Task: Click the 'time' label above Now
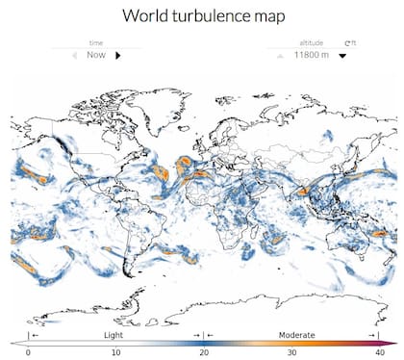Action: tap(96, 43)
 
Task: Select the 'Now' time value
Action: tap(96, 56)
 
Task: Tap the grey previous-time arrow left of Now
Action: tap(74, 56)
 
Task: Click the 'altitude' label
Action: tap(311, 43)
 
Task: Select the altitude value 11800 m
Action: tap(312, 56)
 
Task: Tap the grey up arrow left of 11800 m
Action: tap(281, 56)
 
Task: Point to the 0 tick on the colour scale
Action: tap(28, 352)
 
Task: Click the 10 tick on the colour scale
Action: tap(116, 352)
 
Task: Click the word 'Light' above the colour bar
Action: tap(114, 334)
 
